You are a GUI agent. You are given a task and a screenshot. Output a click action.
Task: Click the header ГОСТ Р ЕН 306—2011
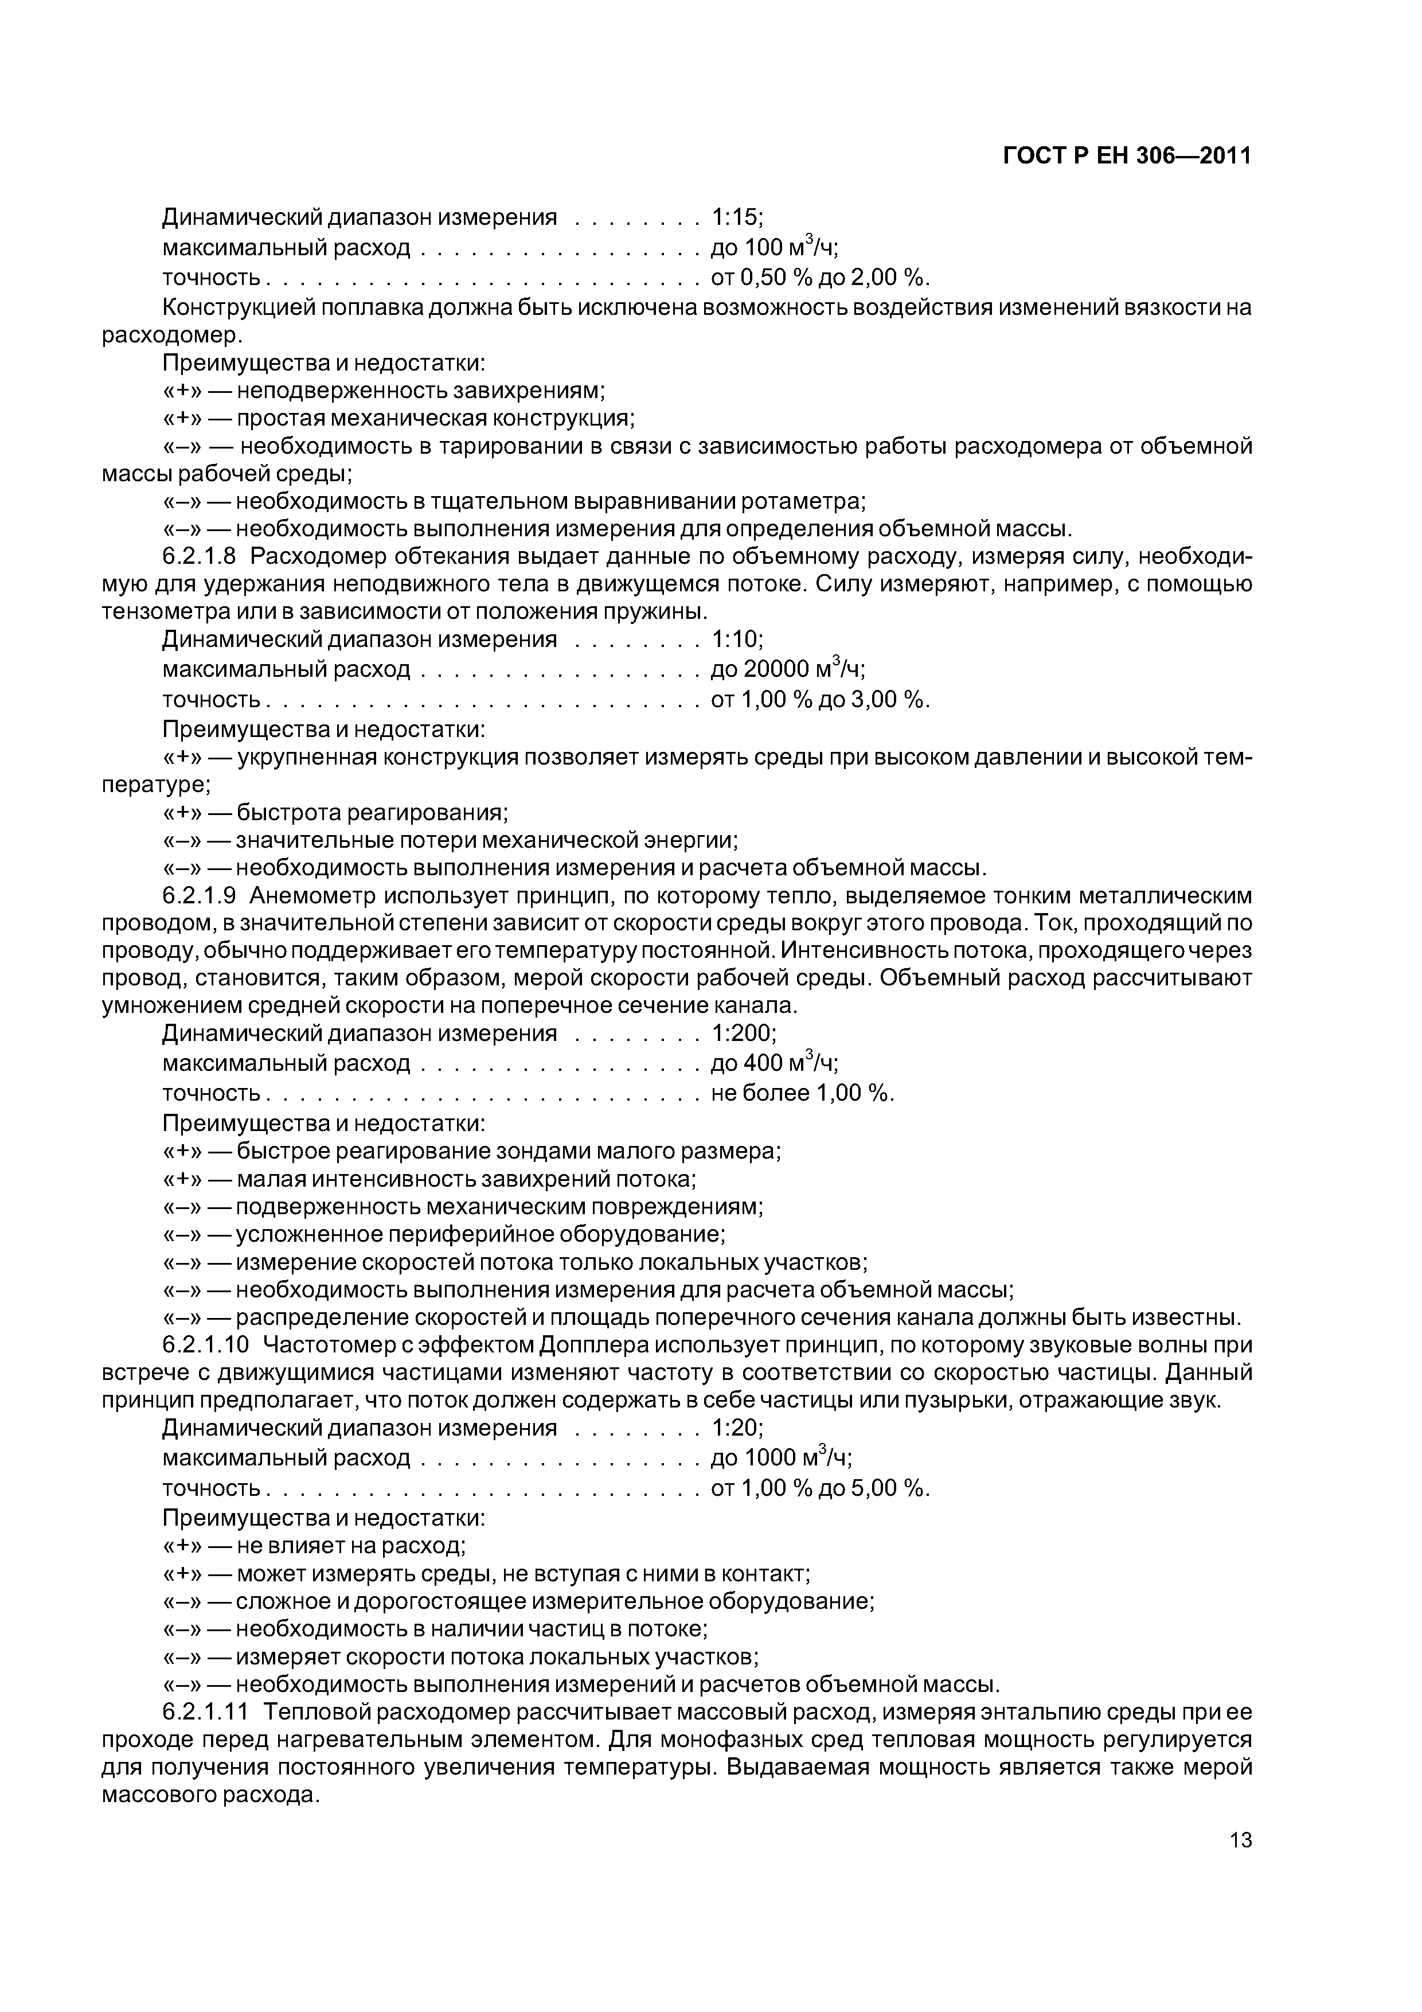1127,156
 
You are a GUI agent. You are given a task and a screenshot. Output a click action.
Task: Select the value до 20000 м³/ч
787,669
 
